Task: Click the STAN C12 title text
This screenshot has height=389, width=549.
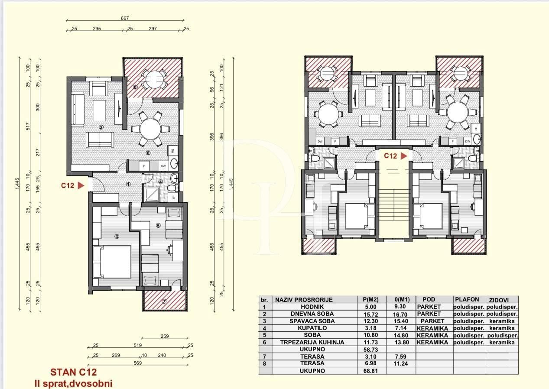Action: (x=73, y=372)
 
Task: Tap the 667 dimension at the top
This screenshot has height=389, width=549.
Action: (x=125, y=19)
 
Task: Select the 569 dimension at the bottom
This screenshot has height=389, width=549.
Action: (x=137, y=363)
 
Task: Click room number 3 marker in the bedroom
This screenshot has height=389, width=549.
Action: (x=117, y=236)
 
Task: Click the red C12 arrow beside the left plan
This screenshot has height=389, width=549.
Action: (x=80, y=185)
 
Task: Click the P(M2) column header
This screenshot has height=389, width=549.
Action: (x=371, y=299)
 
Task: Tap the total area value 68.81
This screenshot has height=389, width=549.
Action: (x=371, y=371)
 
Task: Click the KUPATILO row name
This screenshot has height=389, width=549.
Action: (x=309, y=328)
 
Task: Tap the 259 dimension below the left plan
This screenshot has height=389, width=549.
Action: (x=164, y=336)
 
